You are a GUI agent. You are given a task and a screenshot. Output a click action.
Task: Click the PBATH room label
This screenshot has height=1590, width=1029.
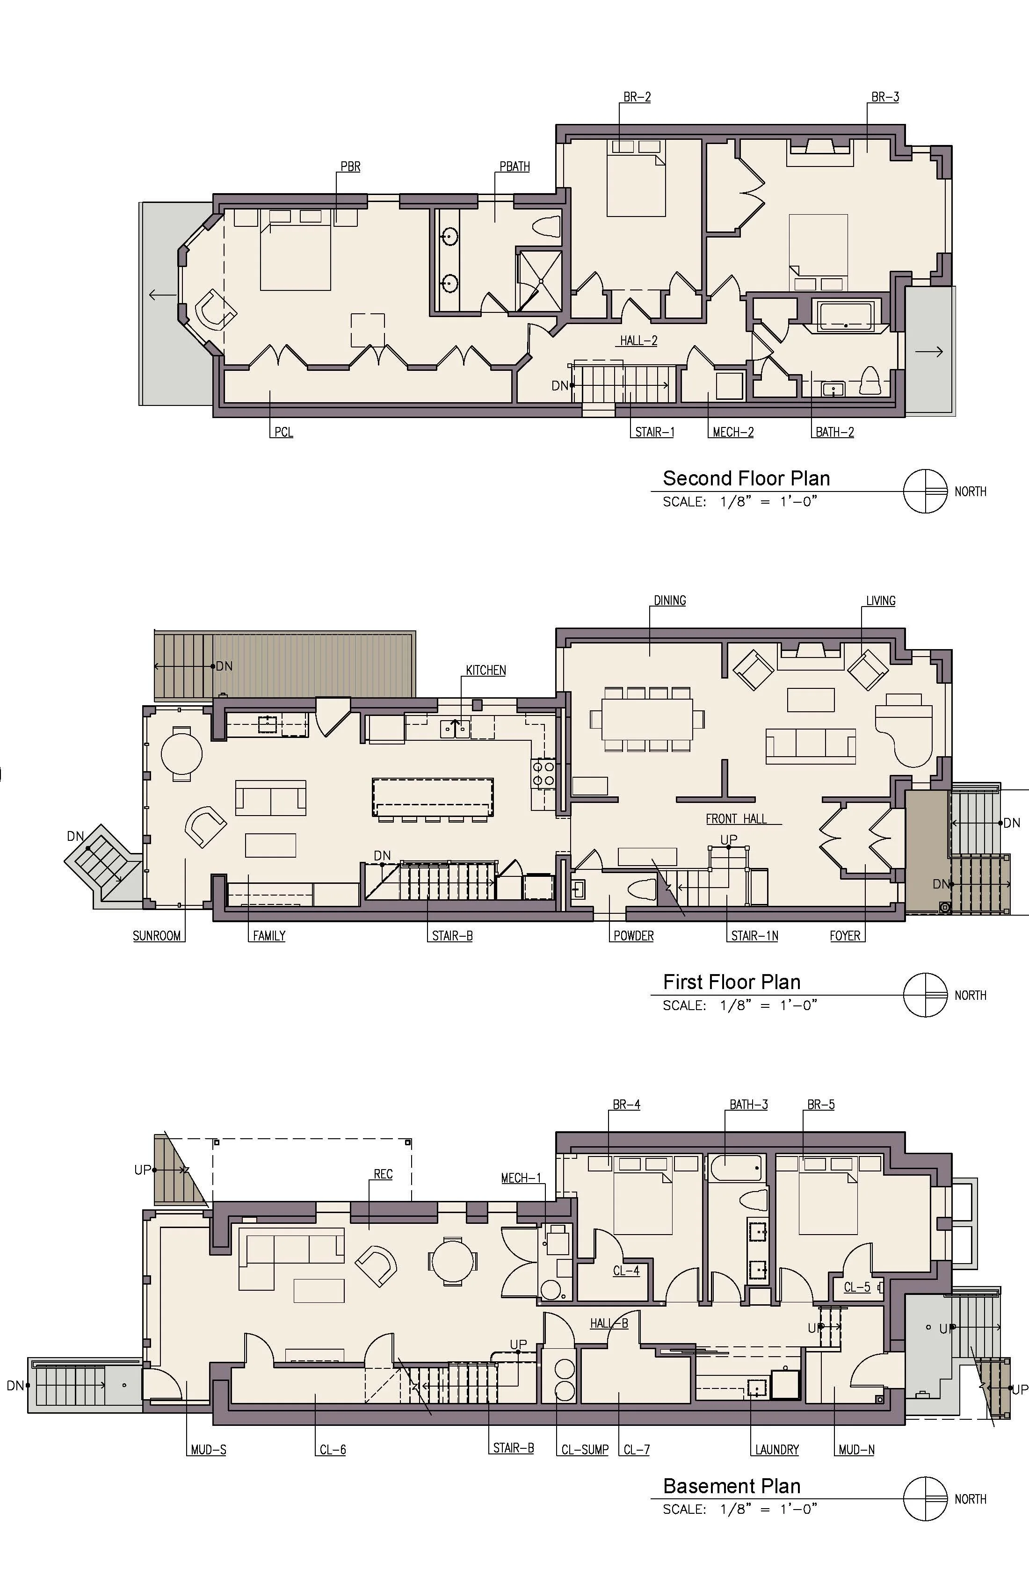[514, 166]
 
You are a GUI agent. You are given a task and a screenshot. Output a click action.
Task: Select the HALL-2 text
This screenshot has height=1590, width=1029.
[639, 341]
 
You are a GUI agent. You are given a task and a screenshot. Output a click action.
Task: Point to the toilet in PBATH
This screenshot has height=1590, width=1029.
[547, 226]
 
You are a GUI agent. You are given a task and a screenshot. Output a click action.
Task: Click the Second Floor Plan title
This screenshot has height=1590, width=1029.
[746, 478]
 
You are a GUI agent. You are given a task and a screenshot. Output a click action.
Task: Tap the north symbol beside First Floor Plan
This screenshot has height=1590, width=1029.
[926, 995]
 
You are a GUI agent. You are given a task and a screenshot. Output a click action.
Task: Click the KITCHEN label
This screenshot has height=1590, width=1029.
[486, 670]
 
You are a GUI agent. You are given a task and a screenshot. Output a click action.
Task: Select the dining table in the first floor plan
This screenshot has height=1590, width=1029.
[647, 719]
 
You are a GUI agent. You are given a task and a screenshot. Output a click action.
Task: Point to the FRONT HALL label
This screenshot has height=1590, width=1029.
[736, 818]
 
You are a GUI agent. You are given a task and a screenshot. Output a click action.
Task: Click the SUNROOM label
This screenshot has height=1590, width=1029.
[157, 936]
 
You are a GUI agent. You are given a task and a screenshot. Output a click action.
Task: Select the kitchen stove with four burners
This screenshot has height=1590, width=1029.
[543, 773]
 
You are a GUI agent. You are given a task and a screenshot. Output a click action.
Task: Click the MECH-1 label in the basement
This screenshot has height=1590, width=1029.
[521, 1178]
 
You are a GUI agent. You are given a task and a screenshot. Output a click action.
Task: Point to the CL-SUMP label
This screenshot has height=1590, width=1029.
[585, 1450]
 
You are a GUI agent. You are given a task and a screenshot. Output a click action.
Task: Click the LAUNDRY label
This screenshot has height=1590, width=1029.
[777, 1450]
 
